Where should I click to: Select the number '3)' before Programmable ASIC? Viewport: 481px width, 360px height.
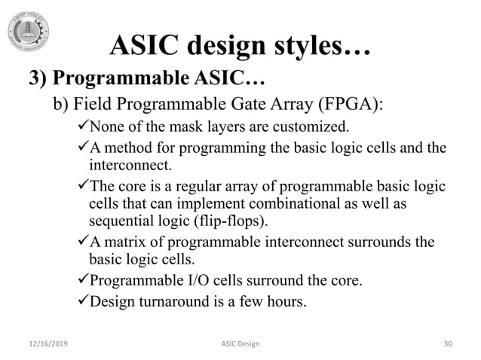click(x=39, y=79)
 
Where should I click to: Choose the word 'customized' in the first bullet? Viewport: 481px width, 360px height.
click(x=316, y=124)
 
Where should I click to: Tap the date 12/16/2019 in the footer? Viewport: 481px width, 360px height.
click(x=41, y=343)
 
